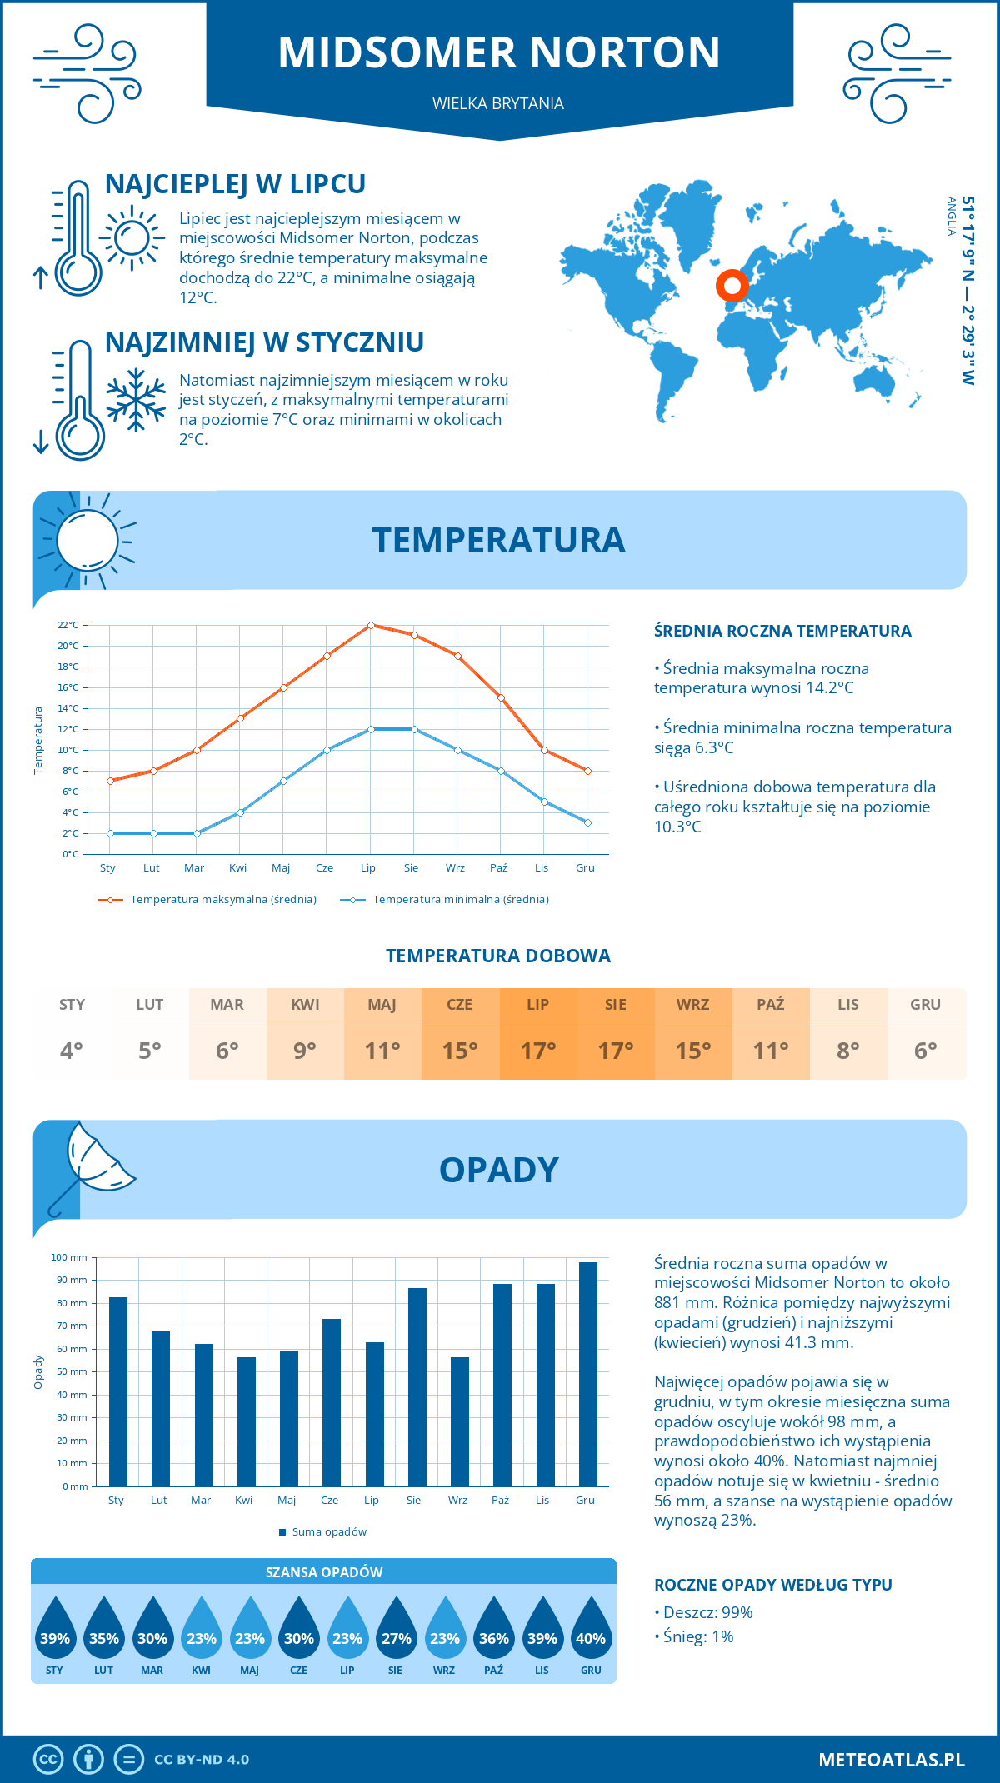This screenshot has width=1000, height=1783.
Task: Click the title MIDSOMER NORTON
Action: point(499,52)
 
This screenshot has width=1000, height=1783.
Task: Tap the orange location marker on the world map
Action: point(732,286)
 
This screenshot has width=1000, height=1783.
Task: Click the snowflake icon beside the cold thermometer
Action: point(136,400)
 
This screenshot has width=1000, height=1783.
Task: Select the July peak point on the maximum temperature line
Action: point(371,625)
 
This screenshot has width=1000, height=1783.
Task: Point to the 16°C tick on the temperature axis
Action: point(68,687)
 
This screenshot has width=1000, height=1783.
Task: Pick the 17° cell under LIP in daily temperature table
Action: point(537,1051)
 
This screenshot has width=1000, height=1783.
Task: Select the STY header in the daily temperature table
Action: point(72,1005)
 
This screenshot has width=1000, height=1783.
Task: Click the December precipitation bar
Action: point(587,1374)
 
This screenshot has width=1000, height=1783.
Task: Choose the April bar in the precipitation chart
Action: point(246,1421)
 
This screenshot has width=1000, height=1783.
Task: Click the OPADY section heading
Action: point(498,1170)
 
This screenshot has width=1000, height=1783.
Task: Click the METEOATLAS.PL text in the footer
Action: point(891,1759)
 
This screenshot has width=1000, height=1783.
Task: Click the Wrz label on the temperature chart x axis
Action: point(455,868)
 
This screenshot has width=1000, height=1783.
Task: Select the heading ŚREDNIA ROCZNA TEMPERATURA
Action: point(782,632)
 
